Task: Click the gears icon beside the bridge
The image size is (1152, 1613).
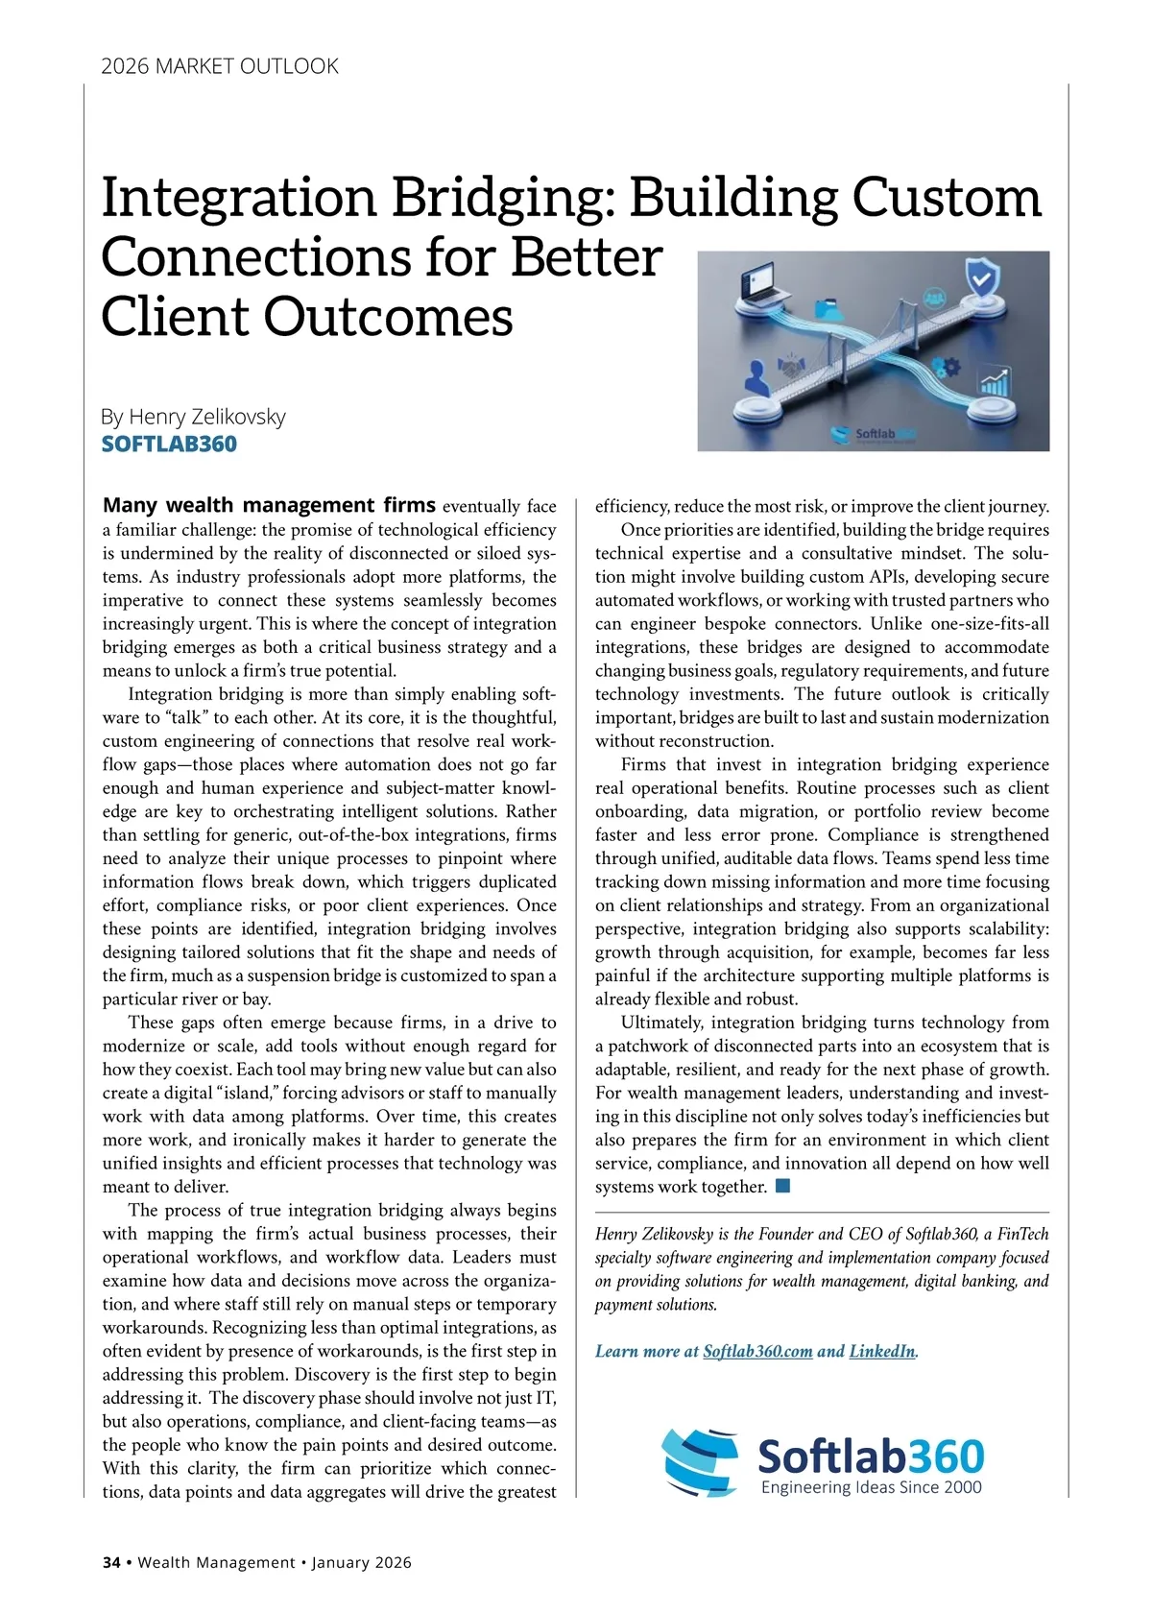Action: [x=947, y=366]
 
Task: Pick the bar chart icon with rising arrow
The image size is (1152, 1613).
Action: [x=995, y=383]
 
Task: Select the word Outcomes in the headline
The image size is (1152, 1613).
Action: [x=389, y=317]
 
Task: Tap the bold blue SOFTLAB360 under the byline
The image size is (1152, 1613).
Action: [x=169, y=444]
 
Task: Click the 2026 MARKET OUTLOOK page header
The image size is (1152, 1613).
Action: [x=220, y=66]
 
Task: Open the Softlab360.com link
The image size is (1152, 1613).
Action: [x=757, y=1351]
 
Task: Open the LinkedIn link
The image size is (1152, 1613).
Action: [x=882, y=1351]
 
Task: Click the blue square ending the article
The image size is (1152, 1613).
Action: [x=782, y=1186]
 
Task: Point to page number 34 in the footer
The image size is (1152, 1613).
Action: [x=111, y=1562]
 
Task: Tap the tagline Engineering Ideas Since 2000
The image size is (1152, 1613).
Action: [x=871, y=1487]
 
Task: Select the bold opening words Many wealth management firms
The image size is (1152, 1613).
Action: [x=269, y=505]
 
